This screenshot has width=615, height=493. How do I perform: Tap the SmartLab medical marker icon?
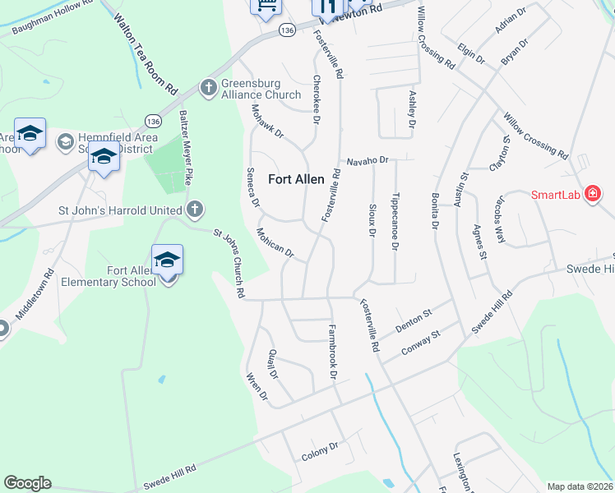click(x=592, y=195)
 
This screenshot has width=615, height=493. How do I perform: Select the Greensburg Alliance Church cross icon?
click(x=209, y=87)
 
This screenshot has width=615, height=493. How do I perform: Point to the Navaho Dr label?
click(x=366, y=161)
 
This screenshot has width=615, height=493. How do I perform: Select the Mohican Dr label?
click(x=275, y=242)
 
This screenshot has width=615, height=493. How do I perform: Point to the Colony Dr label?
click(x=320, y=449)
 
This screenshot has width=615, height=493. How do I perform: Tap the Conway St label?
click(x=422, y=343)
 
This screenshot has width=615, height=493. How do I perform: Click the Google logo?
click(x=27, y=483)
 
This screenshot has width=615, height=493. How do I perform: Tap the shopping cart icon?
click(x=266, y=7)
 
